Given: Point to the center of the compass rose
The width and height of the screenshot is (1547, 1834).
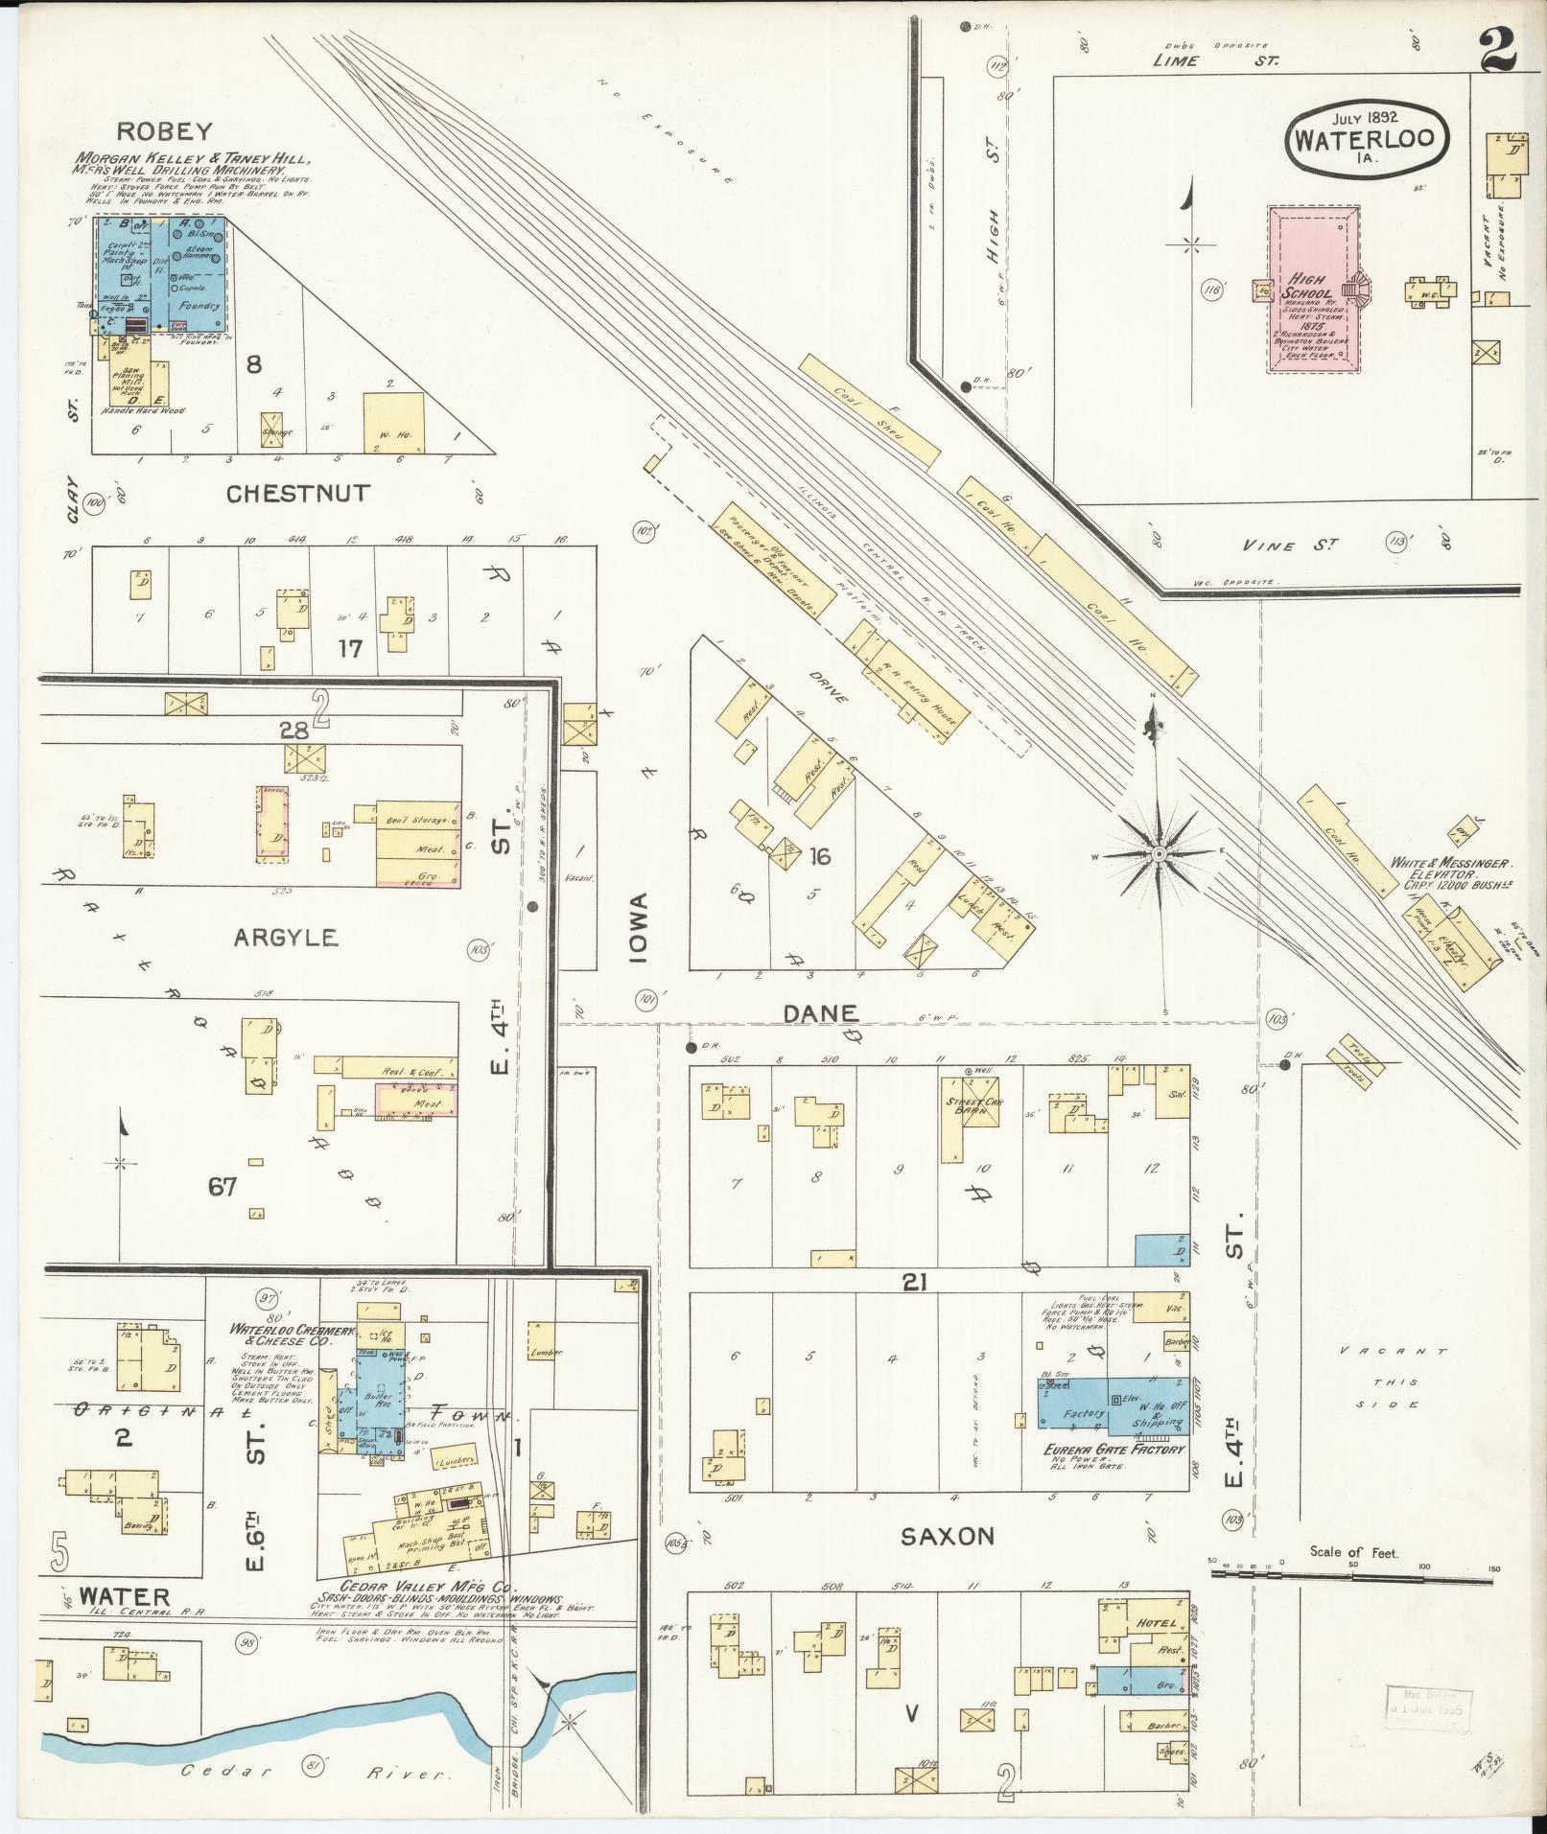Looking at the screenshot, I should [x=1158, y=852].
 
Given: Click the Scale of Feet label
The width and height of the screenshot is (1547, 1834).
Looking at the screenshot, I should [x=1354, y=1551].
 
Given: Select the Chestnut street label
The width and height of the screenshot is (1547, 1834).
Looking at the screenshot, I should [x=297, y=494].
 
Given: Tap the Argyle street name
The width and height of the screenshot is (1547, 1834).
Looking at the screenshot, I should [x=285, y=937].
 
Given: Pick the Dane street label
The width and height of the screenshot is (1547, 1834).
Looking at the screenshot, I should [x=819, y=1013].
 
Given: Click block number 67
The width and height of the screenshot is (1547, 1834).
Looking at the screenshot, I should [x=223, y=1187].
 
